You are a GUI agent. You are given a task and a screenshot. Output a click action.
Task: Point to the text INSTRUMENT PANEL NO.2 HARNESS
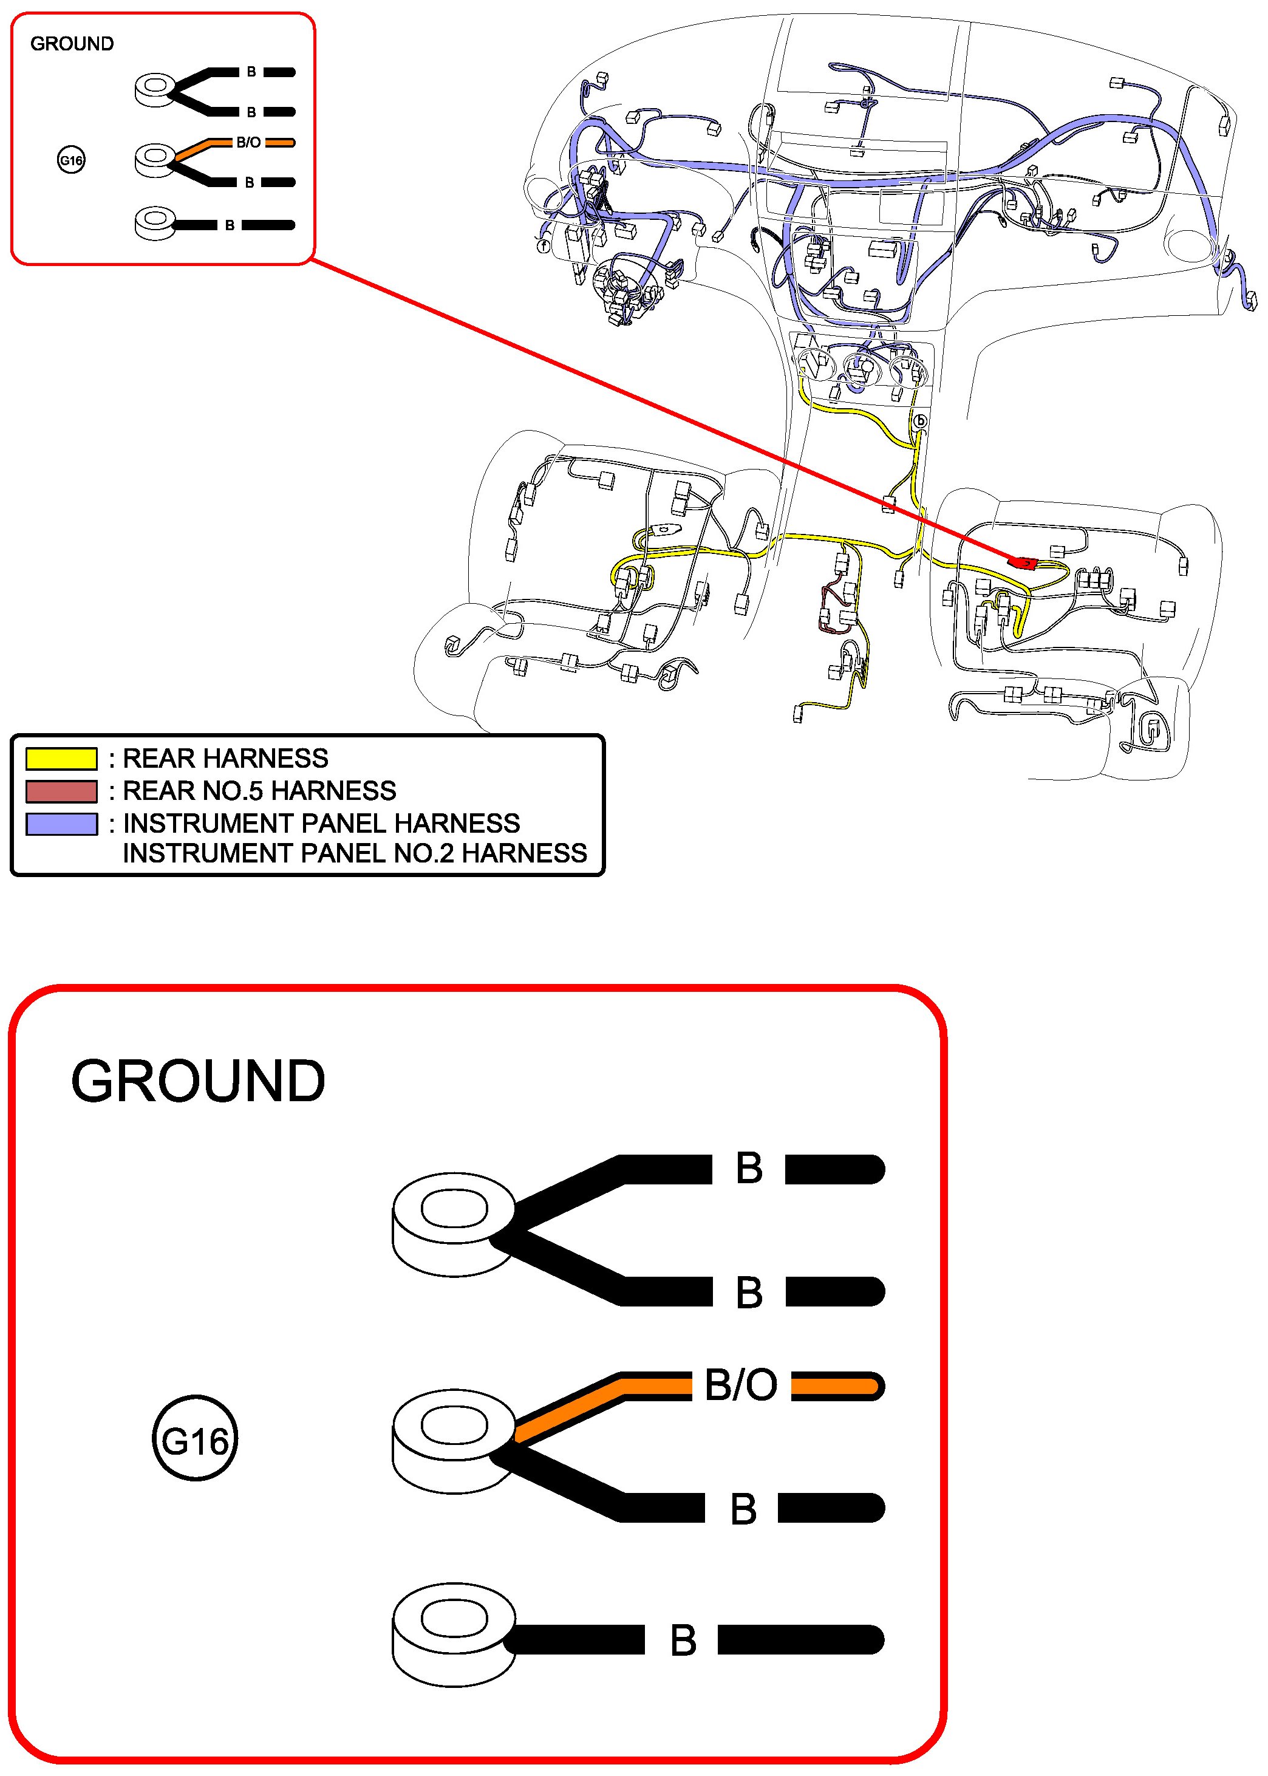pyautogui.click(x=355, y=853)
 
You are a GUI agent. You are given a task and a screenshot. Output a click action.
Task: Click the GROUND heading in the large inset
pyautogui.click(x=197, y=1081)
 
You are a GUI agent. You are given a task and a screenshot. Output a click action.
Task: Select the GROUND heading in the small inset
pyautogui.click(x=72, y=44)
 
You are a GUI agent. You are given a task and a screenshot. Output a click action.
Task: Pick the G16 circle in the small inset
pyautogui.click(x=71, y=161)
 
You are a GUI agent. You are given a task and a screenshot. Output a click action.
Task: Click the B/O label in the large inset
pyautogui.click(x=740, y=1385)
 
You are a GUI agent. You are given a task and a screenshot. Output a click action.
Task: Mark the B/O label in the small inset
pyautogui.click(x=248, y=143)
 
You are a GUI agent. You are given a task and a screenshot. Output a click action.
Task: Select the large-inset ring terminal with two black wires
pyautogui.click(x=453, y=1224)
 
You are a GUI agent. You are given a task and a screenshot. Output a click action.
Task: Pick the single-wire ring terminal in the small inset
pyautogui.click(x=155, y=224)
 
